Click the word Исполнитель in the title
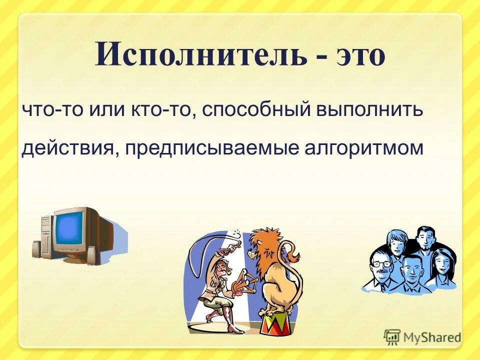click(x=200, y=55)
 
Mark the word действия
click(x=67, y=148)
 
